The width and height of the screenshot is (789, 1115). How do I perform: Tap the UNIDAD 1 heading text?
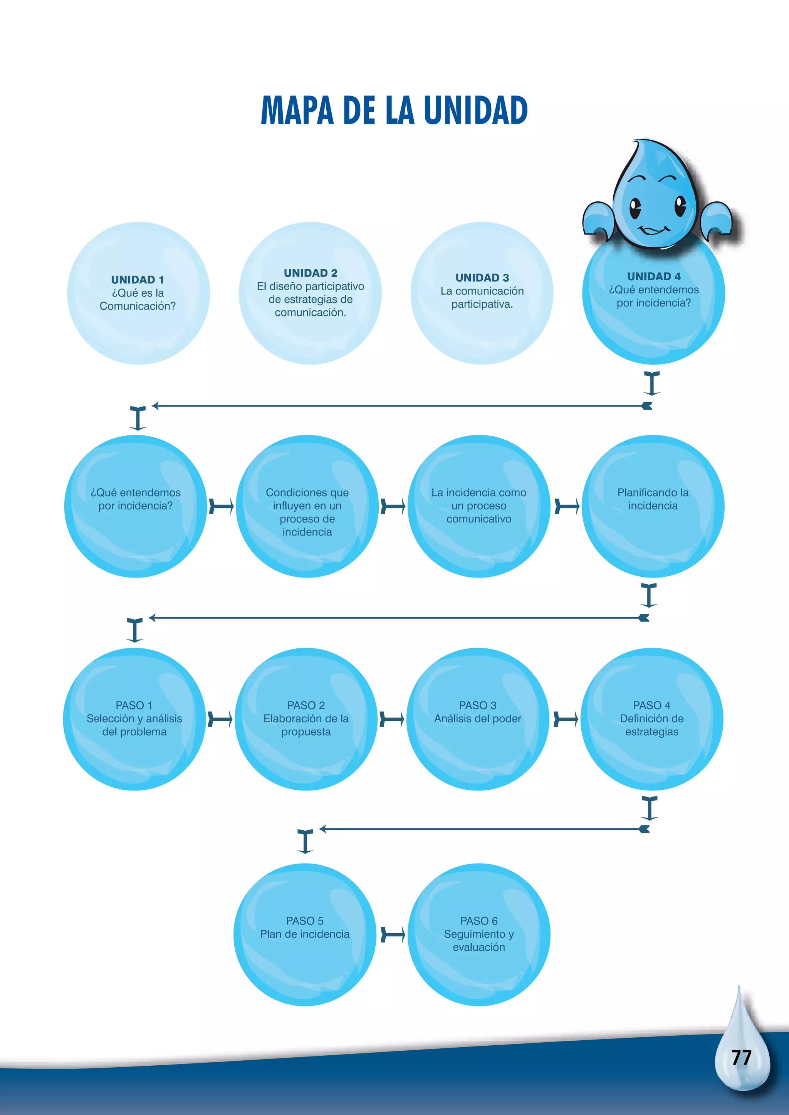[138, 280]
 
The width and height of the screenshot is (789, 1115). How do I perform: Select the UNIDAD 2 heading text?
[311, 273]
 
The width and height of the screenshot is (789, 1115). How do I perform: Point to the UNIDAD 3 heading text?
[482, 278]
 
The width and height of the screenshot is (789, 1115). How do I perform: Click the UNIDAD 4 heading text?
[653, 276]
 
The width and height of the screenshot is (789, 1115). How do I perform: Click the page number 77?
[741, 1058]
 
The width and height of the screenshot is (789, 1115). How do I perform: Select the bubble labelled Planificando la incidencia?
[653, 506]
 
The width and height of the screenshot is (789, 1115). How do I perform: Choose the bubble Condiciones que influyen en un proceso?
[307, 506]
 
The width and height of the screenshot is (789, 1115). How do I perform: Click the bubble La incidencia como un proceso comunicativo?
[478, 506]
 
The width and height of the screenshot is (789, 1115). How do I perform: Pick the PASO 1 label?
[134, 705]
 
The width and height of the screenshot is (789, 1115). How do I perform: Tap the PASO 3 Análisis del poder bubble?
[478, 719]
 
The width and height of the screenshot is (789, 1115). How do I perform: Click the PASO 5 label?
[305, 921]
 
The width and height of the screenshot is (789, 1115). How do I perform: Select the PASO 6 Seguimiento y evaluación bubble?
[478, 934]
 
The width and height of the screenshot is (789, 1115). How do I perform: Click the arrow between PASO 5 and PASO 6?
[393, 934]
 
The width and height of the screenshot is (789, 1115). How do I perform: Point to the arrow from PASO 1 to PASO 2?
[220, 719]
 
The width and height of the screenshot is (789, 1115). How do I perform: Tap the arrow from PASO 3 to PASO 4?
[566, 719]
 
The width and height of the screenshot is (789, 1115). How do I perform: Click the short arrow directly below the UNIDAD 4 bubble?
[651, 383]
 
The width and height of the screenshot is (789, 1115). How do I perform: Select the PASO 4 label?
[651, 705]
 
